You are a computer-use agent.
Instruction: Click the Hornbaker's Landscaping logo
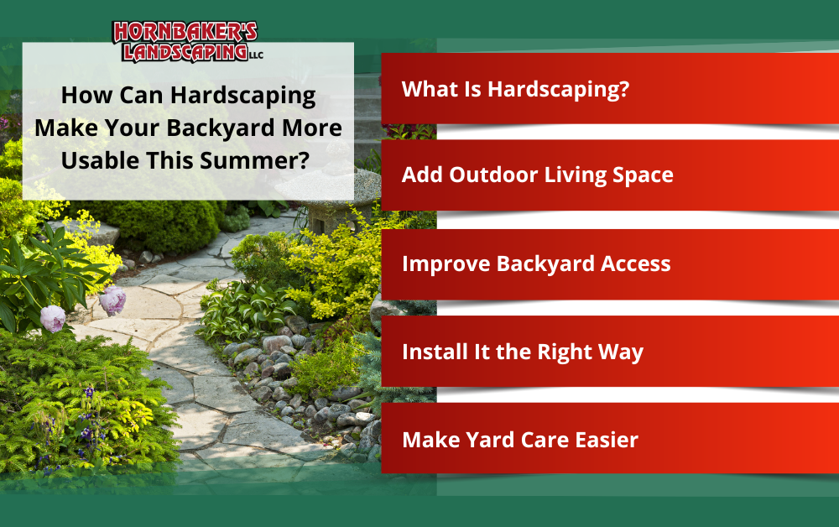point(187,42)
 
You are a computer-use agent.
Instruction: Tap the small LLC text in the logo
point(256,55)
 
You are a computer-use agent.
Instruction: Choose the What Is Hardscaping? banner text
point(515,89)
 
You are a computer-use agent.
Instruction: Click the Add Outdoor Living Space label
point(537,175)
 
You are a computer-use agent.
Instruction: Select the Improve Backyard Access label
point(536,263)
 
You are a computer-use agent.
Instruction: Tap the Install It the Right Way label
point(523,352)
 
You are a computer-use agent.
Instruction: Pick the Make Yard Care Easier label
point(520,440)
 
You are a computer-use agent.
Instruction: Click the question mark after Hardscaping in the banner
point(623,89)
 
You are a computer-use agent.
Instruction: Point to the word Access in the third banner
point(636,263)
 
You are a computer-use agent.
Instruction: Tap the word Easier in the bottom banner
point(607,440)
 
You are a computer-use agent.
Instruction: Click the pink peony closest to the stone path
point(112,300)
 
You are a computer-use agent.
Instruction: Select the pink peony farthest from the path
point(53,319)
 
